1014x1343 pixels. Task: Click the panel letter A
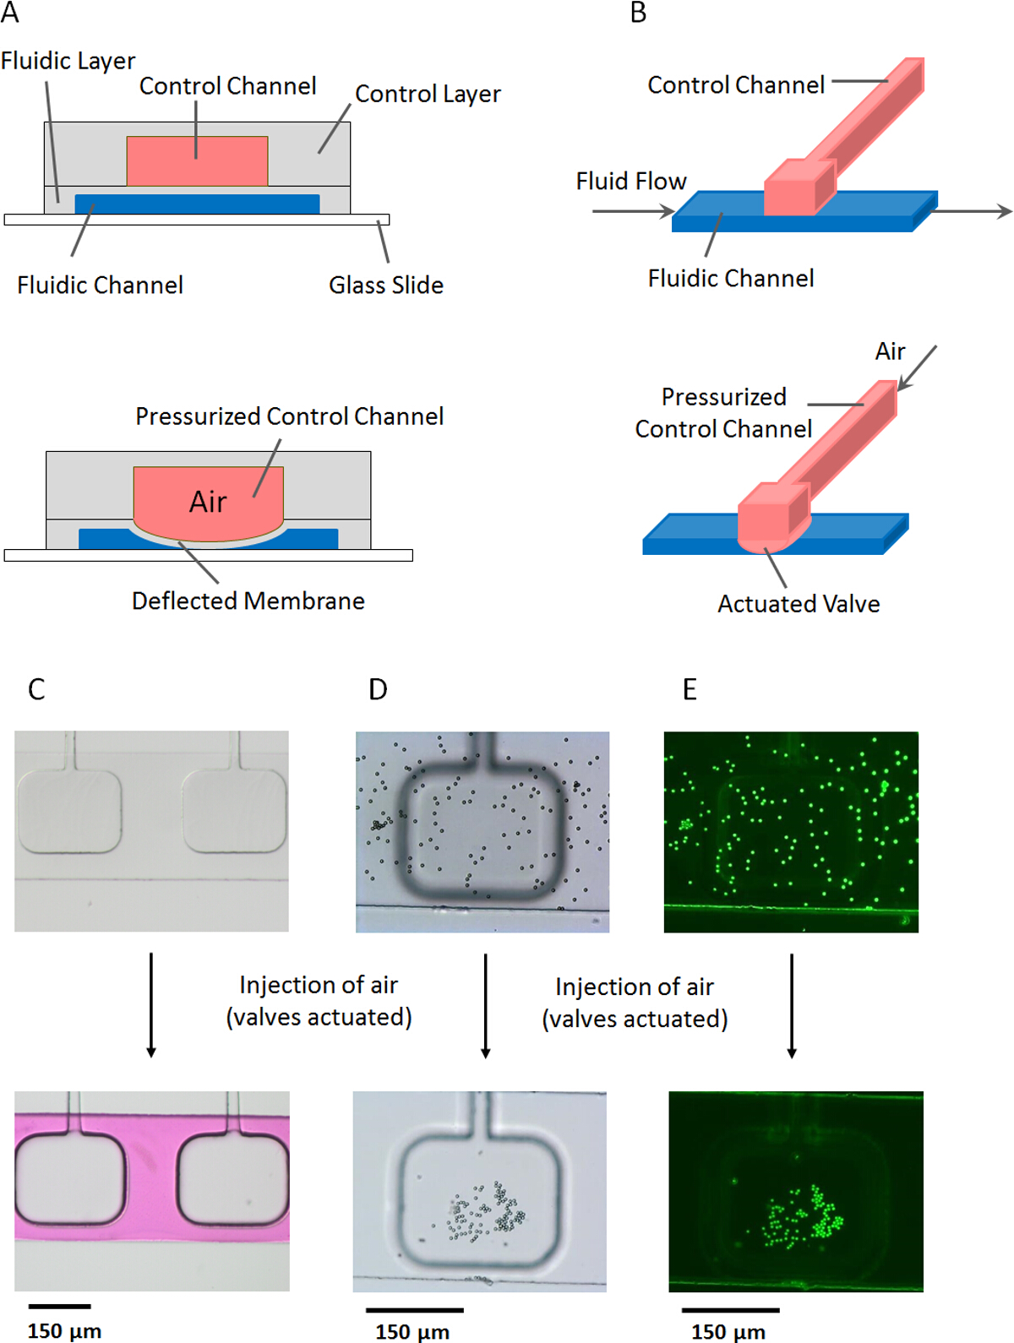(x=10, y=13)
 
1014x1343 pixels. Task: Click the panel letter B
(x=638, y=13)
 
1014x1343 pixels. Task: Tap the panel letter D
(x=378, y=689)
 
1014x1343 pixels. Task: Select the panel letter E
(x=690, y=689)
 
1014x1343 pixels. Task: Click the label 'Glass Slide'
(x=386, y=285)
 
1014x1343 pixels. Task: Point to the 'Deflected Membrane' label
(x=248, y=601)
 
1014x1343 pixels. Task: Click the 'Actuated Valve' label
(x=799, y=604)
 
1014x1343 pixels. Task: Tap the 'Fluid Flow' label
(x=631, y=181)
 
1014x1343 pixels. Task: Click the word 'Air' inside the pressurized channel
(x=208, y=502)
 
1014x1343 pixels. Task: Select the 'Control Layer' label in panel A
(x=428, y=94)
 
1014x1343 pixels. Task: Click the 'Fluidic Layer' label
(x=68, y=61)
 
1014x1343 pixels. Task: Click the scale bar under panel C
(x=59, y=1307)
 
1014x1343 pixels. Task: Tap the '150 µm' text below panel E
(x=728, y=1332)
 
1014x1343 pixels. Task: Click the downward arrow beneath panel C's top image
(x=151, y=1005)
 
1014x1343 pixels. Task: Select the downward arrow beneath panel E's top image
(x=792, y=1005)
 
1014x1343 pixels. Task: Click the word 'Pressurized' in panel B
(x=723, y=397)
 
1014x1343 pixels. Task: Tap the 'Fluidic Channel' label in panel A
(x=100, y=285)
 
